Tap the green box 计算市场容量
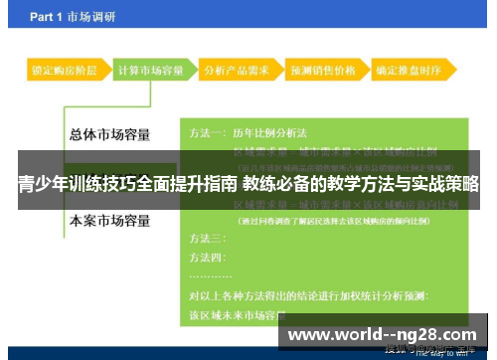coord(150,71)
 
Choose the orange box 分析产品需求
coord(235,71)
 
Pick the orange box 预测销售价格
coord(321,71)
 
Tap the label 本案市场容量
coord(108,220)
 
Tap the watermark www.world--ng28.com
coord(382,335)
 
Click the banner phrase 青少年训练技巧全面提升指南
coord(127,184)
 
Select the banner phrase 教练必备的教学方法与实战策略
coord(361,184)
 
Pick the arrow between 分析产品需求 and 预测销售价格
coord(278,71)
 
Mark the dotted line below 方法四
coord(211,275)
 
